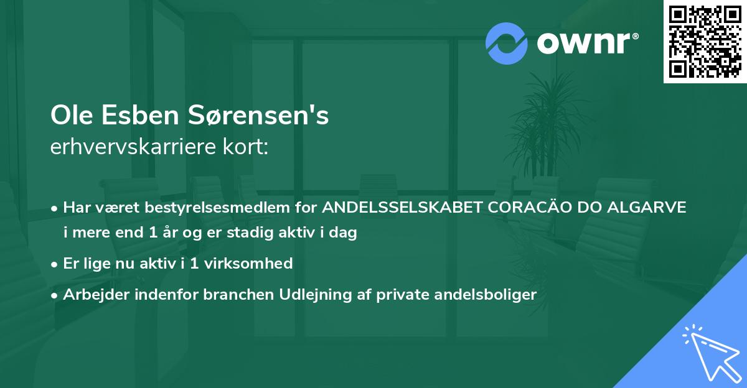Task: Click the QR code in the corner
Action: tap(705, 42)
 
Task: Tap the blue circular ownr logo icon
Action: tap(507, 43)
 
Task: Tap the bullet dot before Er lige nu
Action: tap(55, 264)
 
